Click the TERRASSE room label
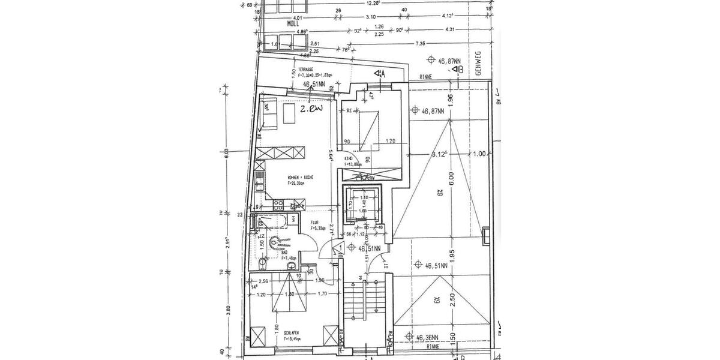[x=308, y=70]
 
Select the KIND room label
[x=349, y=159]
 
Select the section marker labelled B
[x=458, y=69]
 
